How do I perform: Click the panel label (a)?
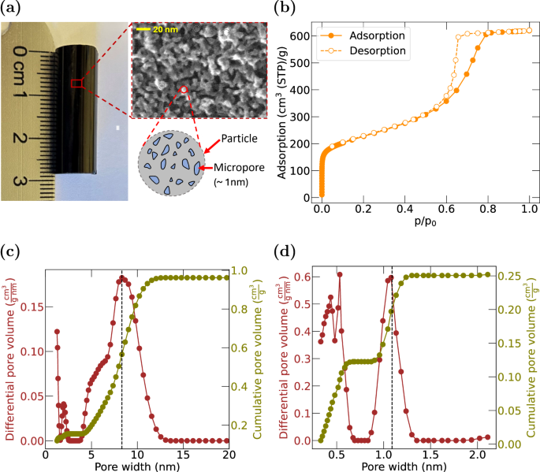[13, 9]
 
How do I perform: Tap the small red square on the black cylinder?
[76, 84]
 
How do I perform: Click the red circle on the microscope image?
[184, 90]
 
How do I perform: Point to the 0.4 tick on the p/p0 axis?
[404, 211]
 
